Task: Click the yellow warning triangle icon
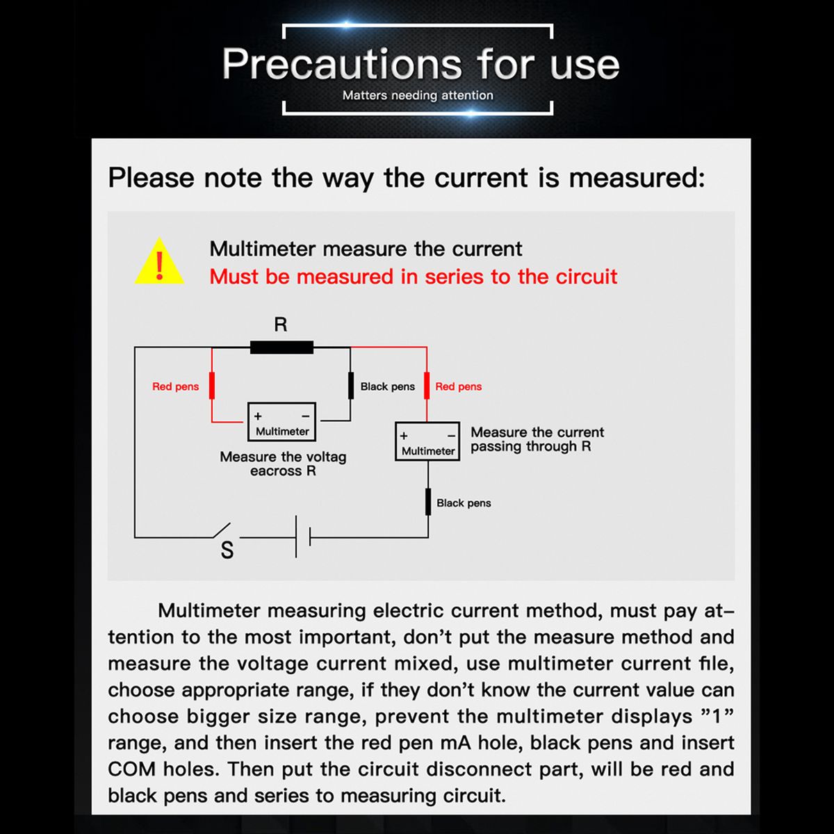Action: [x=159, y=262]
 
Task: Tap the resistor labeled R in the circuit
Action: [x=281, y=347]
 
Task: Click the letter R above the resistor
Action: [x=281, y=324]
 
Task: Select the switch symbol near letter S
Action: [x=222, y=530]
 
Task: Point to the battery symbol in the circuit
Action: [x=303, y=537]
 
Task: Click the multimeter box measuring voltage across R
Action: [x=281, y=422]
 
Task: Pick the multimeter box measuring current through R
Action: [x=427, y=441]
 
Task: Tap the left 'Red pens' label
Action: [x=175, y=386]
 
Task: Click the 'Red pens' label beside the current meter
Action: [x=458, y=386]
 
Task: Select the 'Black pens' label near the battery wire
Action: [x=464, y=503]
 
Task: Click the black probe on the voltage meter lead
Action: [x=350, y=385]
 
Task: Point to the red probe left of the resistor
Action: [x=212, y=385]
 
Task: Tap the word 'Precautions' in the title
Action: [x=342, y=64]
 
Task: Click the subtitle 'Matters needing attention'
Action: [x=418, y=95]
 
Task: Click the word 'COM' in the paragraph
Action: [x=131, y=769]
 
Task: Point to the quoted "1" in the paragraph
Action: [x=717, y=717]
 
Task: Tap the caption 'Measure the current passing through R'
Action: [x=537, y=439]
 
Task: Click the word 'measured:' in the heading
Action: [x=637, y=178]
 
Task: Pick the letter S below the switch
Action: [x=227, y=550]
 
